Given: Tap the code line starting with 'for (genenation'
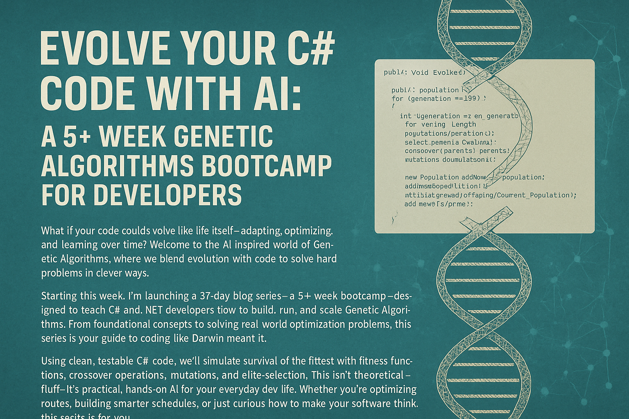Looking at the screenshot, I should [438, 99].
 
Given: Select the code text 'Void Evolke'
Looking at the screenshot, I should [437, 73].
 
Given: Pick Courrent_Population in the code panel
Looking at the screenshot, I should [533, 195].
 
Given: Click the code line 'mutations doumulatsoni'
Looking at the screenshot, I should [450, 160].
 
